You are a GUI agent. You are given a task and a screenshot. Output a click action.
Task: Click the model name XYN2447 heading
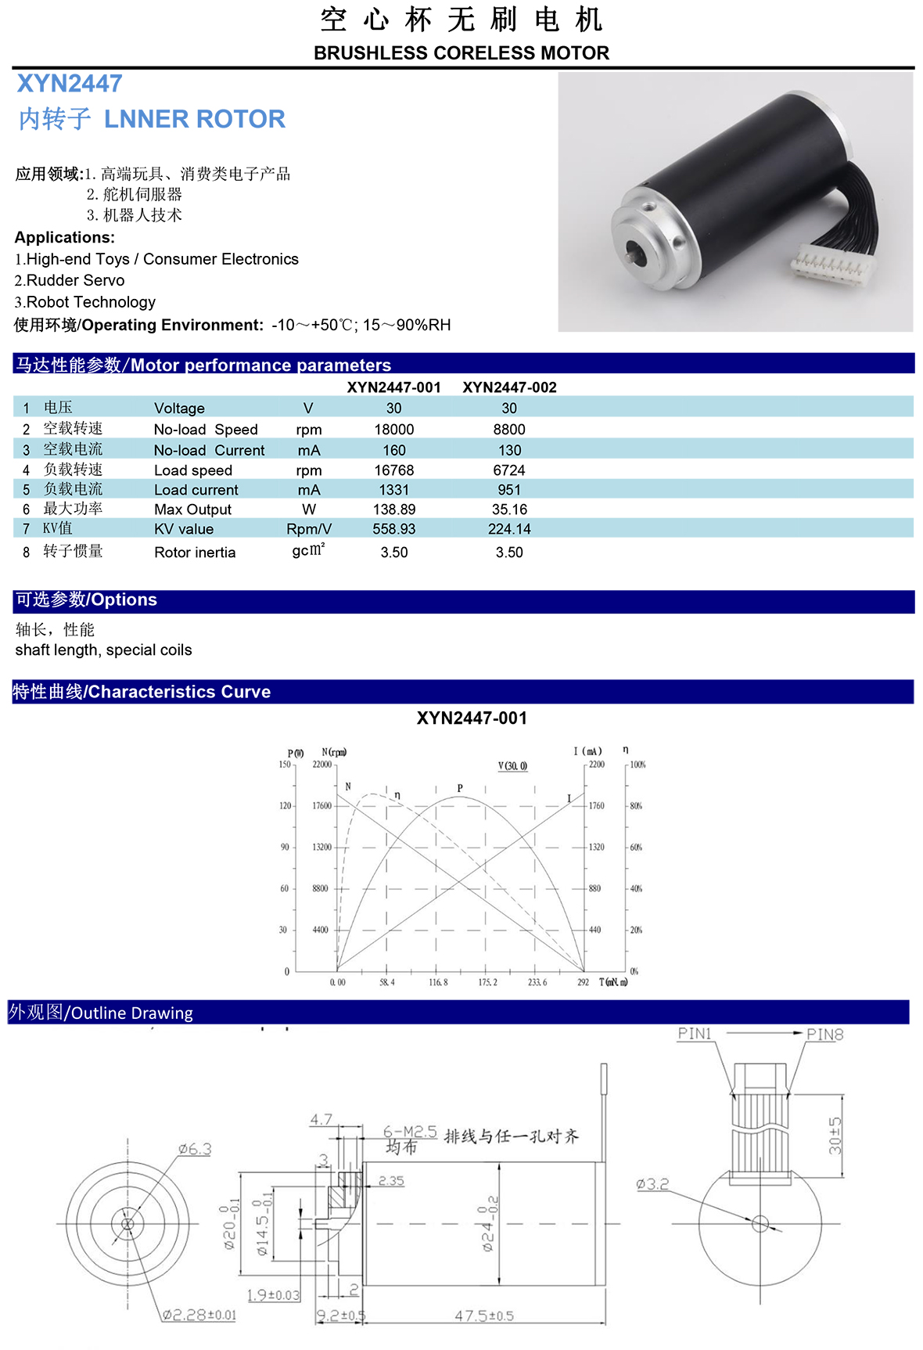click(70, 84)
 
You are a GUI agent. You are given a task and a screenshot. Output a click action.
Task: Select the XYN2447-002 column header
click(509, 387)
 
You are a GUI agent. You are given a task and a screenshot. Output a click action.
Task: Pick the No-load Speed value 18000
click(394, 430)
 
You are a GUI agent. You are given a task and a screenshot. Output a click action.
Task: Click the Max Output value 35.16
click(509, 509)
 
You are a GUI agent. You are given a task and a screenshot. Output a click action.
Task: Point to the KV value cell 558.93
click(394, 529)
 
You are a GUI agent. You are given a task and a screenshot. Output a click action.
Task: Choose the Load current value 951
click(509, 490)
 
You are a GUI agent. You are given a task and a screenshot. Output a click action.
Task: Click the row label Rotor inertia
click(195, 553)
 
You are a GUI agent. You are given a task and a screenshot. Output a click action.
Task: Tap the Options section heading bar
click(463, 600)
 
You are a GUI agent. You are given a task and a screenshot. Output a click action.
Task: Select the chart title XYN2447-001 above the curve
click(472, 718)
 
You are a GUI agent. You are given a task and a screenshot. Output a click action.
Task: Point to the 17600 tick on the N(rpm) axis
click(321, 805)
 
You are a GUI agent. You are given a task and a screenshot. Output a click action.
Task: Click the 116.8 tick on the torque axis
click(438, 982)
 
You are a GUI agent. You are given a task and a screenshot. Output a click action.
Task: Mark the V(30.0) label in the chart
click(512, 765)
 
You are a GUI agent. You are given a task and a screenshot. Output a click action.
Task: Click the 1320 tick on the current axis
click(597, 847)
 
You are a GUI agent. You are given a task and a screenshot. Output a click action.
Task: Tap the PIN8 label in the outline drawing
click(825, 1035)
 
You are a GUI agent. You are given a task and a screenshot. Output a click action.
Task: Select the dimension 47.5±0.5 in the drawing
click(484, 1316)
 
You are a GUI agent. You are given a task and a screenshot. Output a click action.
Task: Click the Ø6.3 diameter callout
click(195, 1149)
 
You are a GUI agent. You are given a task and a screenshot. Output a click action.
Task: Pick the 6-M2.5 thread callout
click(410, 1132)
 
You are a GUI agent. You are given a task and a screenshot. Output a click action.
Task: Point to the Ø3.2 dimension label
click(652, 1184)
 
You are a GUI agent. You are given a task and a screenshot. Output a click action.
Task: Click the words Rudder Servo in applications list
click(75, 280)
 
